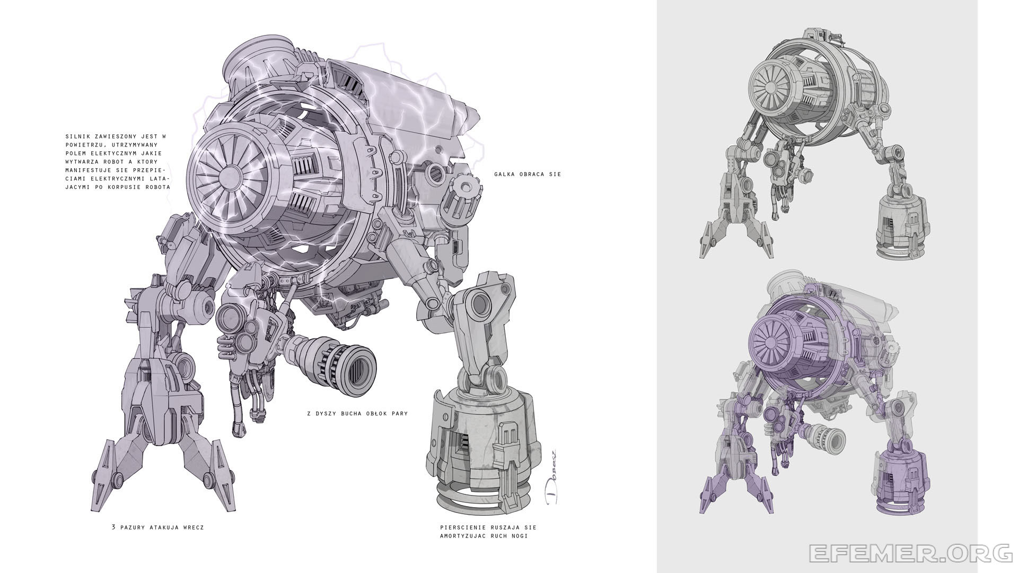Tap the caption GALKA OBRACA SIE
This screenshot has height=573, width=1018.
click(527, 174)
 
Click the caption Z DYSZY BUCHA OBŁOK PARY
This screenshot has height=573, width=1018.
click(357, 413)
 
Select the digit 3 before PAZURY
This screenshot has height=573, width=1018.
click(113, 527)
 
